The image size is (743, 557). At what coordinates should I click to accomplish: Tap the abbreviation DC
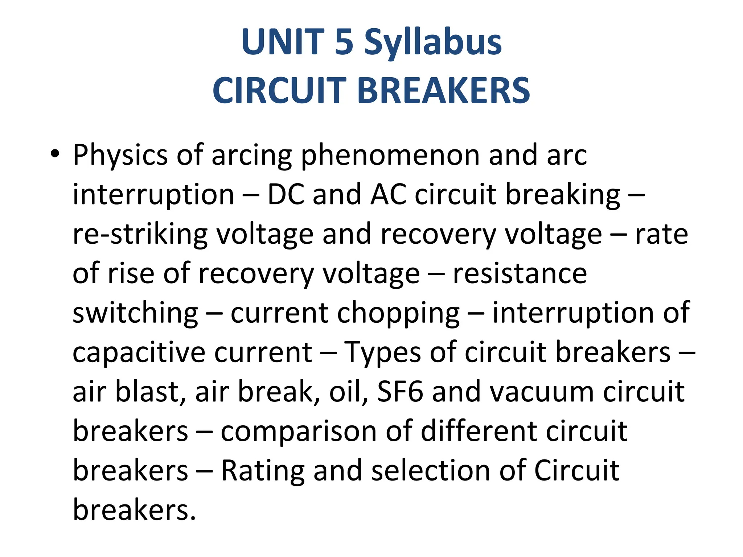(x=286, y=194)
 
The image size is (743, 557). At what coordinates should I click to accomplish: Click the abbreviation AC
(x=388, y=194)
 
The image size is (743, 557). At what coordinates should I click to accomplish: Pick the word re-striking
(x=140, y=235)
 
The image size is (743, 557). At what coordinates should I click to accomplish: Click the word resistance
(x=520, y=273)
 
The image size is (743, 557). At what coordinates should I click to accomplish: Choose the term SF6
(x=400, y=392)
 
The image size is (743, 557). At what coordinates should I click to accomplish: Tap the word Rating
(x=262, y=471)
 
